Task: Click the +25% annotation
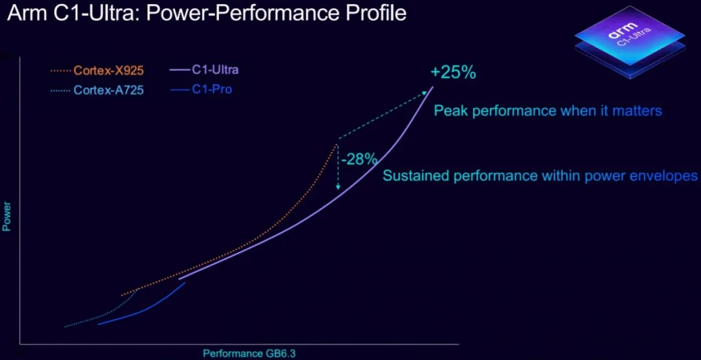coord(453,73)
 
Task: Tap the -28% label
coord(359,159)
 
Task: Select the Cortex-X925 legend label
coord(109,70)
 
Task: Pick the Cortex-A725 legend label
coord(109,90)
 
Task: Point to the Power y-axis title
coord(8,215)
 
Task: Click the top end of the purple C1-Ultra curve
coord(433,87)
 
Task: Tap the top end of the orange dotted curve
coord(337,144)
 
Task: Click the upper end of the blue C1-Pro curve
coord(185,283)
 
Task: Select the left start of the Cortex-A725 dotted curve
coord(66,326)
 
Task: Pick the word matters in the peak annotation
coord(639,110)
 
